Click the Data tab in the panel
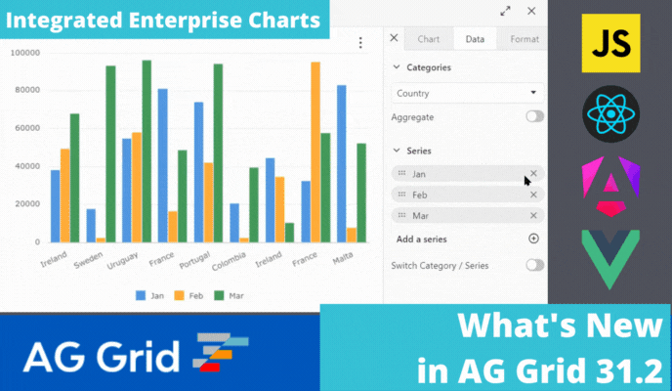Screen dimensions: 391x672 tap(475, 39)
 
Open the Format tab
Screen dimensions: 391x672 tap(524, 39)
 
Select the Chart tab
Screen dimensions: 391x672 tap(428, 39)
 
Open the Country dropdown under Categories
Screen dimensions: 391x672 tap(467, 94)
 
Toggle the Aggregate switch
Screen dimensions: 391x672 tap(534, 117)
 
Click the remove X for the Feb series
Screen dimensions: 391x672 tap(533, 195)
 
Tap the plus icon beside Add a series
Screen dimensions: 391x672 tap(533, 239)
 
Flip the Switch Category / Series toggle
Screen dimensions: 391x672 tap(534, 265)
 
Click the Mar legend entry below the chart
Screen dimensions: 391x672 tap(230, 296)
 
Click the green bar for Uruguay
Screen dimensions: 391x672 tap(147, 151)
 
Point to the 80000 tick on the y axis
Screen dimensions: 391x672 tap(23, 90)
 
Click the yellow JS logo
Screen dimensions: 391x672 tap(610, 43)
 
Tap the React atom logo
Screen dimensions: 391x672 tap(610, 115)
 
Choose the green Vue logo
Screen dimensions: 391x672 tap(610, 258)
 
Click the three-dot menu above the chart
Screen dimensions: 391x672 tap(360, 43)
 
